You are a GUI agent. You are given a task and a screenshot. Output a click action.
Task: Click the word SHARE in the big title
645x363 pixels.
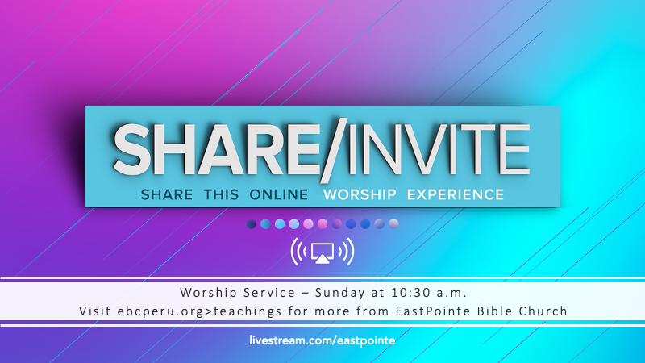[x=216, y=150]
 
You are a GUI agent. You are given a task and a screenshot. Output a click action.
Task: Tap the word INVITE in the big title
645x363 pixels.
[x=439, y=150]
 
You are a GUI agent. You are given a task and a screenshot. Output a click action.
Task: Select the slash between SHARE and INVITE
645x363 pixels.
[x=333, y=150]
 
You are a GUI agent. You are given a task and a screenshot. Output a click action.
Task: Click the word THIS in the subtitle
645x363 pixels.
[x=221, y=194]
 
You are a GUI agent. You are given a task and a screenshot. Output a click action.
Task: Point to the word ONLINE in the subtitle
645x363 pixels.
[x=279, y=194]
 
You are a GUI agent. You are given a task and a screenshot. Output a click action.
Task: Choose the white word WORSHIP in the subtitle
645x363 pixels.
[x=360, y=194]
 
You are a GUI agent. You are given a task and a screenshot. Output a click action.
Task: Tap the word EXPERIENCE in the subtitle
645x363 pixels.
[x=456, y=194]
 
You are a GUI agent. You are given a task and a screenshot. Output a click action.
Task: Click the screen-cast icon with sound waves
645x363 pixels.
[x=322, y=251]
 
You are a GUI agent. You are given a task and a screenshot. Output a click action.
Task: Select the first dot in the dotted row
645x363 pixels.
[x=252, y=224]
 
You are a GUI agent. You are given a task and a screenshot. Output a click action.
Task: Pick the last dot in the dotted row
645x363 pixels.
[x=393, y=224]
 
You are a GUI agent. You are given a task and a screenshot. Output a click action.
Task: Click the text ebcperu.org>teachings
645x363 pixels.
[x=199, y=311]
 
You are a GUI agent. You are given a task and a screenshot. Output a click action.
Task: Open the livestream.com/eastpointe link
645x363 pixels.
[x=322, y=340]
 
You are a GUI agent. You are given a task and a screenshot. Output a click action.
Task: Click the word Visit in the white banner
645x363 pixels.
[x=95, y=311]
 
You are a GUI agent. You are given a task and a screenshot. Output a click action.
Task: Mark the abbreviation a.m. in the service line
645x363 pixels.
[x=452, y=294]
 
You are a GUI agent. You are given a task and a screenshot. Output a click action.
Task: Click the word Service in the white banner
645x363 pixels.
[x=269, y=293]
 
